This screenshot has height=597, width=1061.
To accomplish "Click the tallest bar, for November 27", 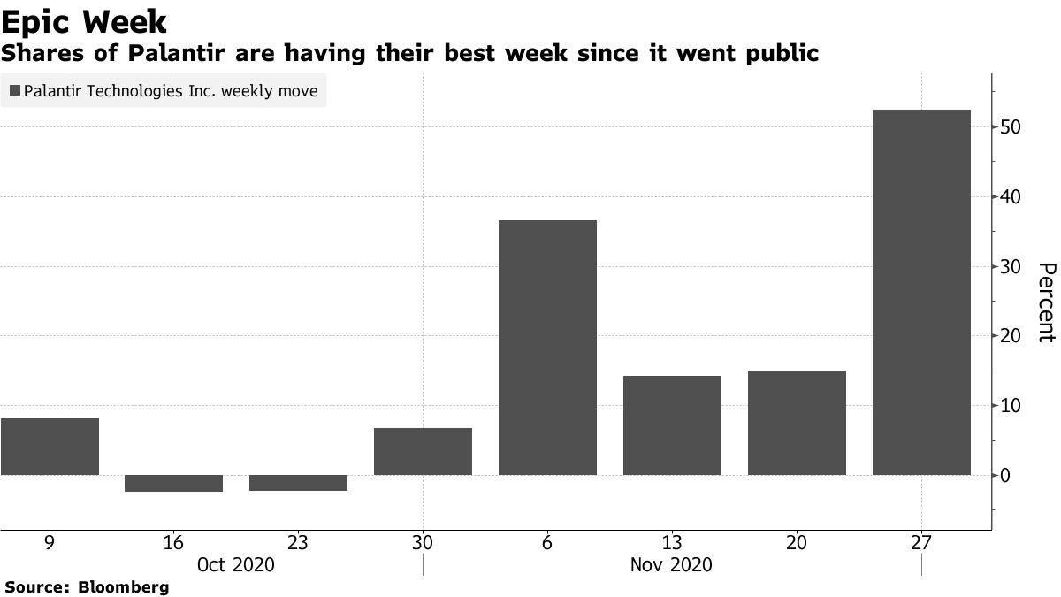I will [921, 292].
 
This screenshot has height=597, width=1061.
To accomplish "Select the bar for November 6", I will [547, 347].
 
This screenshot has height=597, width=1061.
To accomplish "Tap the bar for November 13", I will [672, 425].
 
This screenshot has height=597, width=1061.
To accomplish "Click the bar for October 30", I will [423, 451].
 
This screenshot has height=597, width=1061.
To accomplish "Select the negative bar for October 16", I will [173, 483].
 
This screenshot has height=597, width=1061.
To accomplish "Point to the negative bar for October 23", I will [298, 483].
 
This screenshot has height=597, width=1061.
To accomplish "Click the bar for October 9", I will [50, 447].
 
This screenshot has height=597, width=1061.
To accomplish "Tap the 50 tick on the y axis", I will [1011, 127].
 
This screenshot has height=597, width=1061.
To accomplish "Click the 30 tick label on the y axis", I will [1011, 267].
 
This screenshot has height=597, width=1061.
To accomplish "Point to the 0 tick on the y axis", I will [1006, 476].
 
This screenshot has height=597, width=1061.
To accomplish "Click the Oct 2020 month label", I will [235, 564].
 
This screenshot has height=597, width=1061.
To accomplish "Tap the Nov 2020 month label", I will [672, 564].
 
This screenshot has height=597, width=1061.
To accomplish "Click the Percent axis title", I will [1046, 302].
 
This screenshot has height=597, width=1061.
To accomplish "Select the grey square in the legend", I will [15, 90].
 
